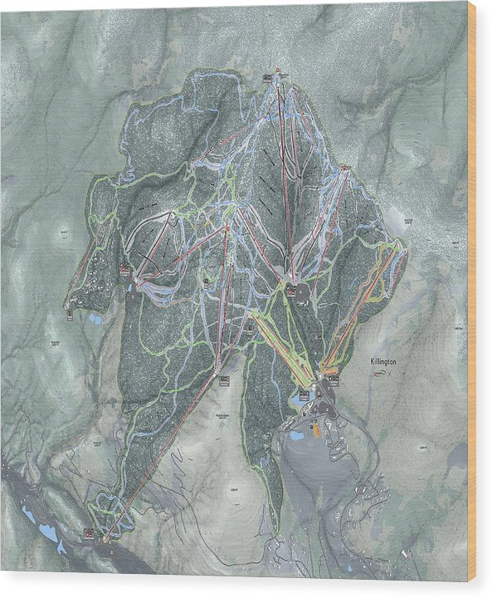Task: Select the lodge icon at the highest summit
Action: click(268, 77)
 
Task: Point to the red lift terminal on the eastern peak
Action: click(343, 169)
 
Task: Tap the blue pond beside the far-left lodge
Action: click(96, 318)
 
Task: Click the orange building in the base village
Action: click(315, 429)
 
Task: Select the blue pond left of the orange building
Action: click(294, 434)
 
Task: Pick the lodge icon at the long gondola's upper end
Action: click(224, 380)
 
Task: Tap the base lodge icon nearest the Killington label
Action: click(333, 380)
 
